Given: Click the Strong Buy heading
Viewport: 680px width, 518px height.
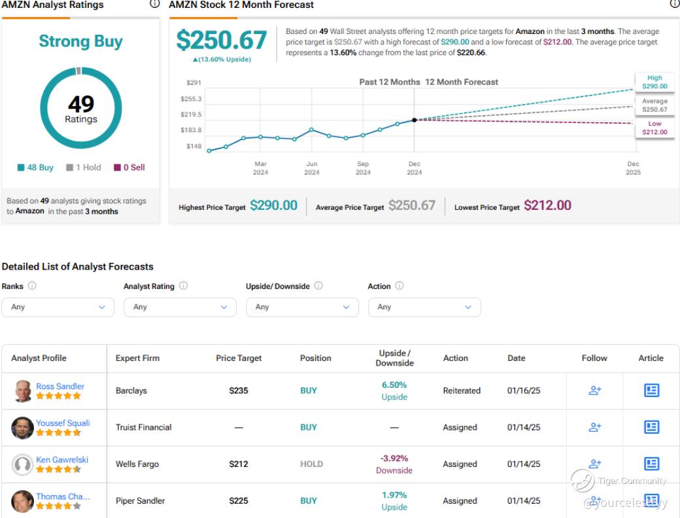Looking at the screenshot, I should tap(80, 41).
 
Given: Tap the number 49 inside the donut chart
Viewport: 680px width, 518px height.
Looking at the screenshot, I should tap(81, 104).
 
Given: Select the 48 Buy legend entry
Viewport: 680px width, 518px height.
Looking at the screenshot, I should tap(36, 167).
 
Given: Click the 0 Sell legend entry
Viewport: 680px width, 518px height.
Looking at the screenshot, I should tap(129, 167).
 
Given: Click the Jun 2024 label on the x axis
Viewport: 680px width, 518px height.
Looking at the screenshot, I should tap(312, 168).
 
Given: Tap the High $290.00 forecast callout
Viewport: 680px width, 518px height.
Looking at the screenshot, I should tap(654, 82).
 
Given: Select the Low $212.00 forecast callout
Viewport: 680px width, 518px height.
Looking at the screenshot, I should tap(654, 128).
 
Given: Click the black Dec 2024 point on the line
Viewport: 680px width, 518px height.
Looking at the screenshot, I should tap(415, 120).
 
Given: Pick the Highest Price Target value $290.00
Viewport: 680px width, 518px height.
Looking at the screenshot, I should tap(273, 205).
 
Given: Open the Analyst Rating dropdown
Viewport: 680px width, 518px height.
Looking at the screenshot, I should tap(180, 307).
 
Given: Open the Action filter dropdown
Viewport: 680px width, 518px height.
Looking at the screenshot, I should tap(424, 307).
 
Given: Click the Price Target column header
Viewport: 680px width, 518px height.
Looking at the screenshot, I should tap(239, 358).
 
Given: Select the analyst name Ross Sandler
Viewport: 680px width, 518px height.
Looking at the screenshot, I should tap(60, 386).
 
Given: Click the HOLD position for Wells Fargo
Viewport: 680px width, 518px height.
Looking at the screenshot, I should tap(311, 464).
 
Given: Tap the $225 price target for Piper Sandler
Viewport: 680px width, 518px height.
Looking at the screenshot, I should tap(239, 501).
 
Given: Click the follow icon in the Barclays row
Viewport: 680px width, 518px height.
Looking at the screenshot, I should tap(594, 390).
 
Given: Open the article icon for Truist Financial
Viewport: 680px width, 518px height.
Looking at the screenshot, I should tap(651, 427).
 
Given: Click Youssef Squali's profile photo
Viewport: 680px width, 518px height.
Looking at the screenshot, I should tap(23, 428).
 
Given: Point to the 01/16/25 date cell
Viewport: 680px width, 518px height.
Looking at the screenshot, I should tap(524, 390).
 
